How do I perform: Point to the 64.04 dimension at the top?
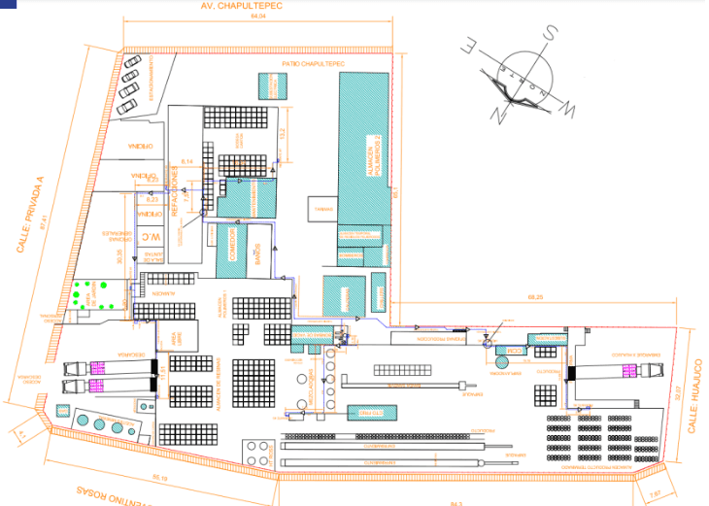click(x=258, y=17)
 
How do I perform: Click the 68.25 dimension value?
click(x=534, y=294)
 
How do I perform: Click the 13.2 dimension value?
click(x=282, y=133)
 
